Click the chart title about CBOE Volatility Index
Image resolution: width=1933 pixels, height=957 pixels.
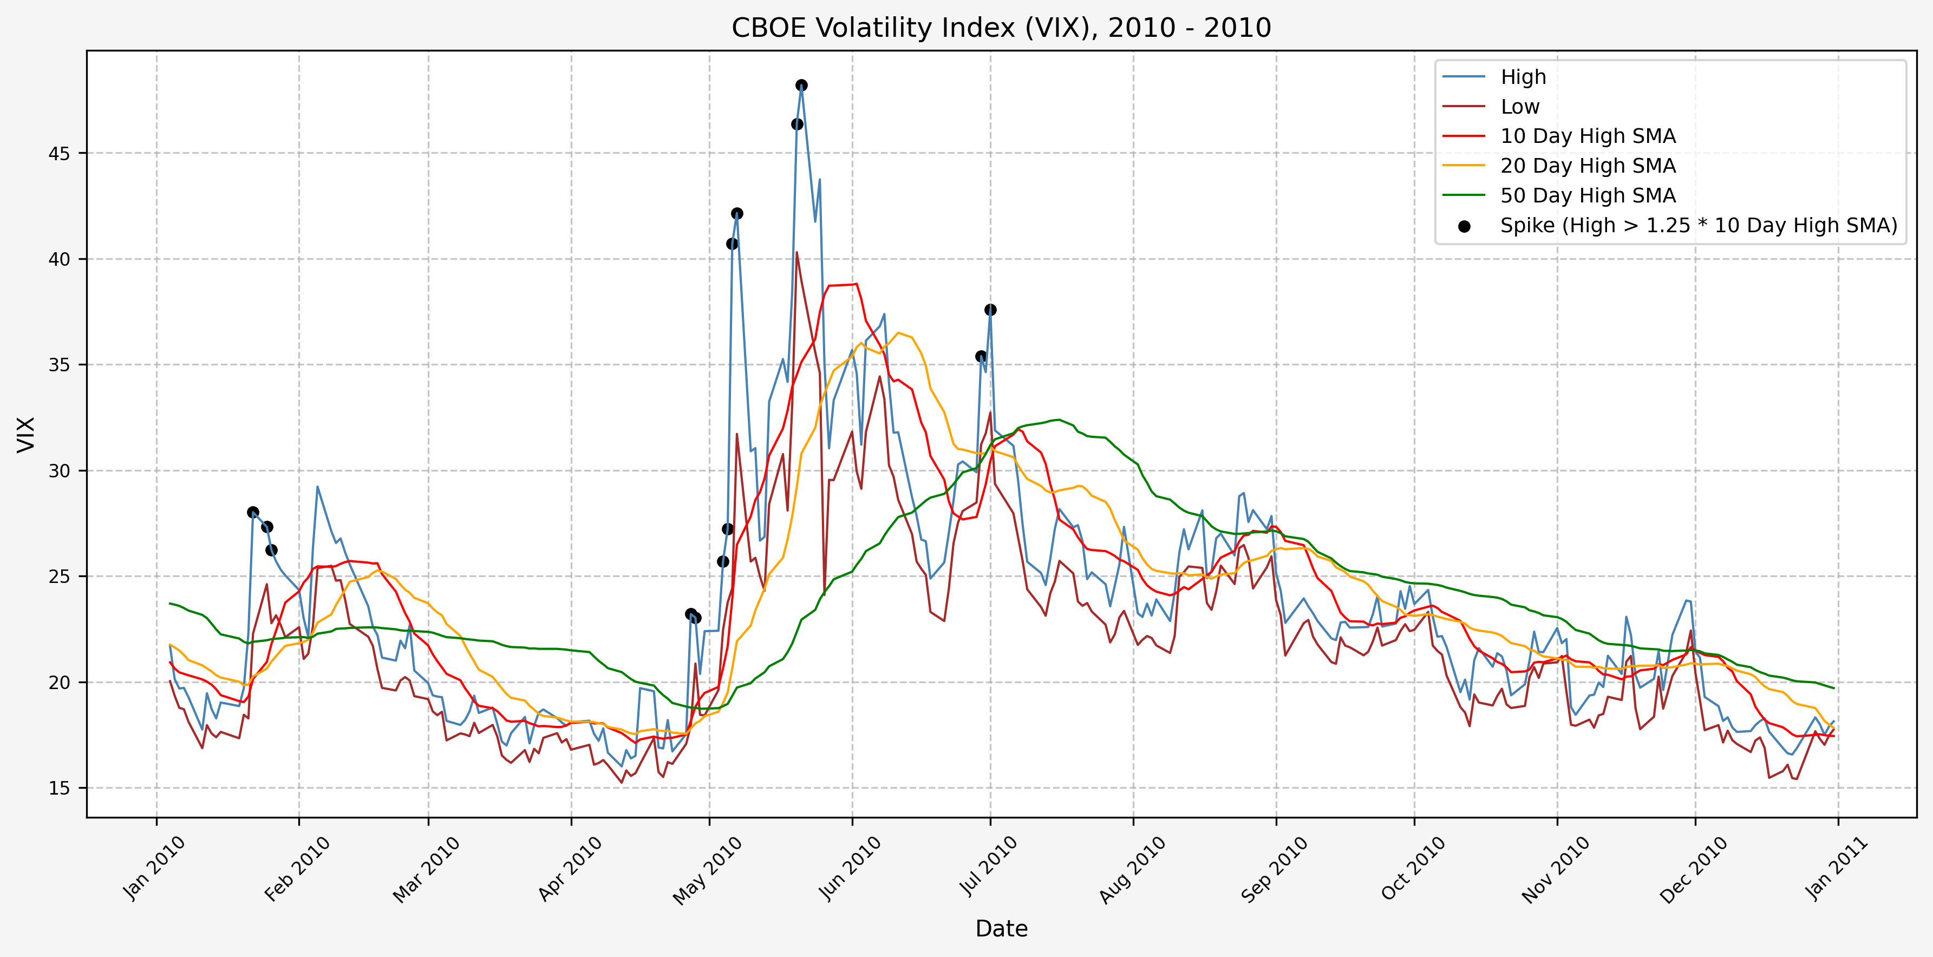coord(1001,28)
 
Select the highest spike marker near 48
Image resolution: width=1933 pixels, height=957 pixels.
coord(801,86)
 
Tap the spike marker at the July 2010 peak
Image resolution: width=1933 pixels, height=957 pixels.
coord(990,310)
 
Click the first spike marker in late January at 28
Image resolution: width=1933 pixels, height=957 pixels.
coord(253,512)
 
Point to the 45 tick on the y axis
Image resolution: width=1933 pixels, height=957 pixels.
coord(58,154)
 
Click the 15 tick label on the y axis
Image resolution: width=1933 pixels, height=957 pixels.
coord(58,788)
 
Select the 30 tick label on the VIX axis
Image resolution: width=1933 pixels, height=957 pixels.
coord(58,471)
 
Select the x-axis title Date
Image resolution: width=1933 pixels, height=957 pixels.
coord(1001,928)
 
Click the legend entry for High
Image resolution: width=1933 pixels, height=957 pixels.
coord(1523,77)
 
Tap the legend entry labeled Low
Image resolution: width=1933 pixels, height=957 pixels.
coord(1519,107)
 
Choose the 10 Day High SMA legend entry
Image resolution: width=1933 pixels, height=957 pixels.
coord(1587,136)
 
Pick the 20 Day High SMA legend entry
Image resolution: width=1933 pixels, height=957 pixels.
coord(1587,166)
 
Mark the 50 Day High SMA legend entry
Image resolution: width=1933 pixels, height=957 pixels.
coord(1587,196)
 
